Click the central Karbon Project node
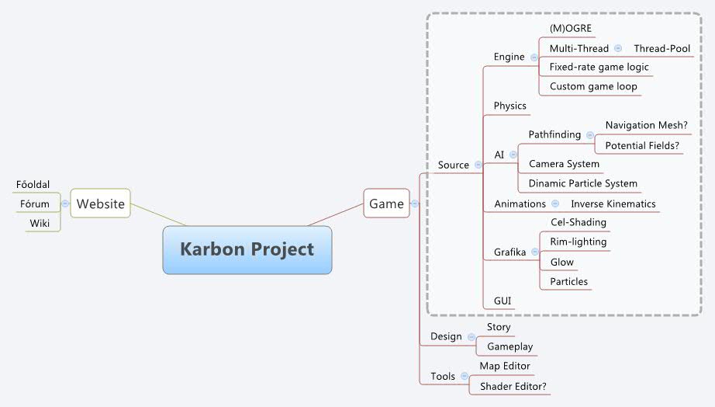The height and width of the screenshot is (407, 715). coord(247,249)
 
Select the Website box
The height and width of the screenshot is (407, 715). coord(100,203)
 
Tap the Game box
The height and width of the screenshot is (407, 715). coord(386,203)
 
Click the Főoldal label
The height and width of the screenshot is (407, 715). coord(33,184)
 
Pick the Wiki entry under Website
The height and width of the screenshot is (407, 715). coord(40,224)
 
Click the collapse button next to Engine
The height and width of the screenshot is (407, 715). coord(534,57)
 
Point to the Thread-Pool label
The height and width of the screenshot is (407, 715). coord(661,48)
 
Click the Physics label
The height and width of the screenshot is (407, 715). coord(509,106)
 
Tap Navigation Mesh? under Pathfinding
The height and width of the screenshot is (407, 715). coord(646,125)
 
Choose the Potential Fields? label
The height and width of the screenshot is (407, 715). coord(643,145)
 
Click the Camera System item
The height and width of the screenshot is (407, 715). coord(564,164)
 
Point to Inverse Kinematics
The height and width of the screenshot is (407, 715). coord(613,203)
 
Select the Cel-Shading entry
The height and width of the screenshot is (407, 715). coord(578,222)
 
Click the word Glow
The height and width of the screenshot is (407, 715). coord(561,263)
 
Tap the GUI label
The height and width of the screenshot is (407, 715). coord(503,300)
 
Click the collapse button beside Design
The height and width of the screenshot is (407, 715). coord(471,337)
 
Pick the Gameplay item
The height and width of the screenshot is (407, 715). coord(509,346)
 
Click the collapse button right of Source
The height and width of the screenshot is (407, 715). coord(478,165)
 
